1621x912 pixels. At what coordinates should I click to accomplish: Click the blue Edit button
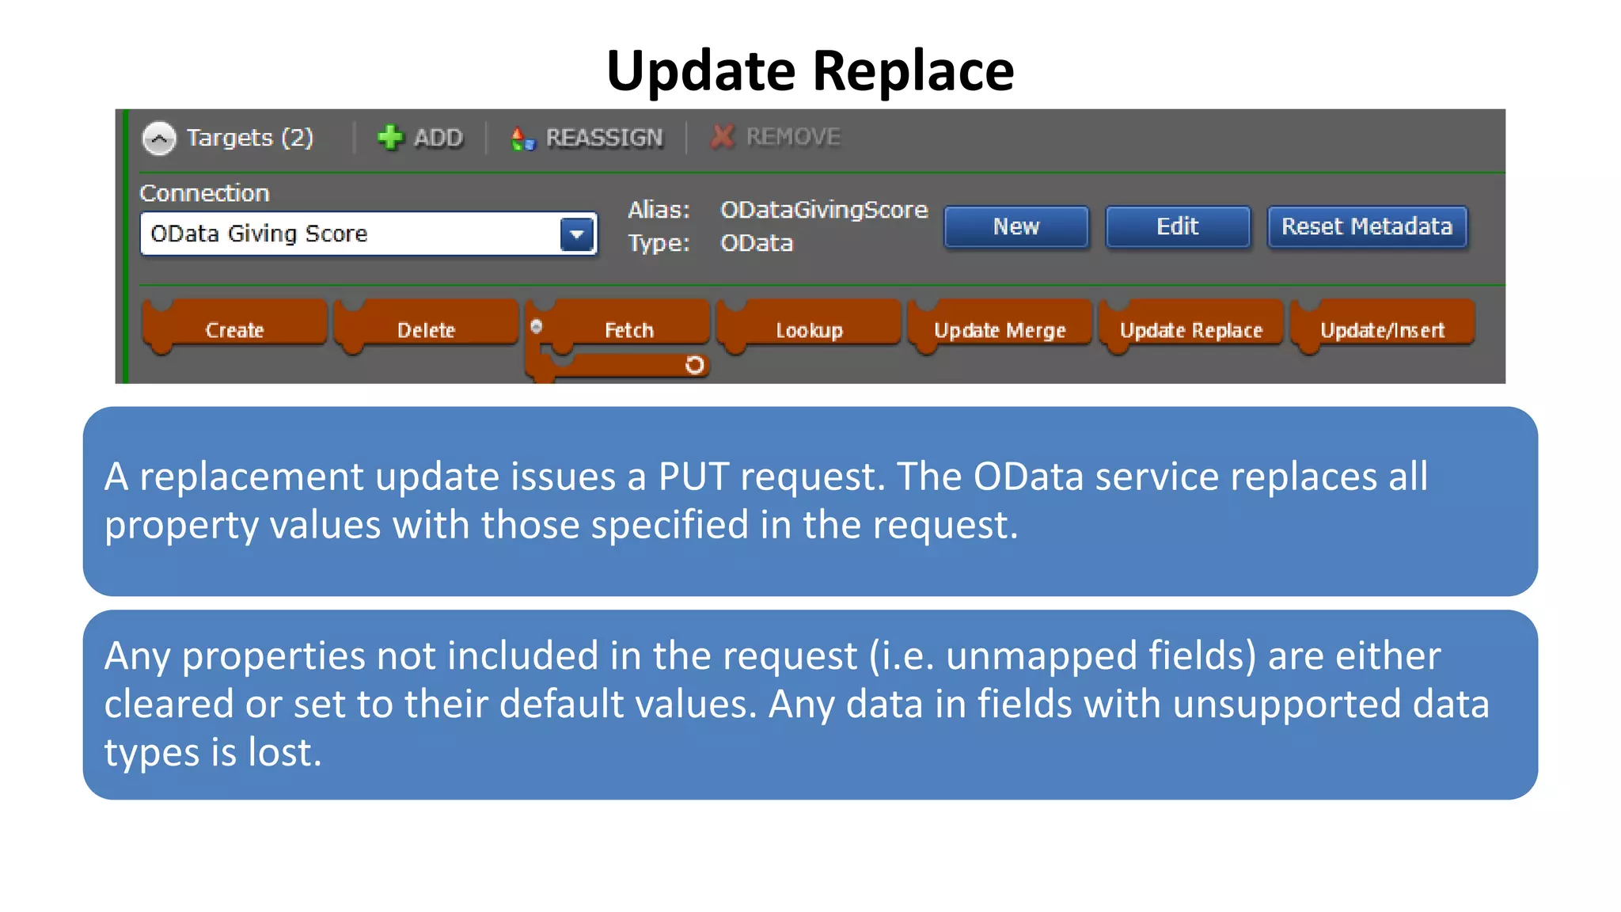(1177, 227)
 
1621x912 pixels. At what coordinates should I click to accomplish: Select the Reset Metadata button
(1366, 227)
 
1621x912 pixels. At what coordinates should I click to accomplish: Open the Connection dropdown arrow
(577, 234)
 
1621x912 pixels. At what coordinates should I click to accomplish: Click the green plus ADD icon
(389, 138)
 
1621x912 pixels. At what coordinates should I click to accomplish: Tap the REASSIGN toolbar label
(604, 138)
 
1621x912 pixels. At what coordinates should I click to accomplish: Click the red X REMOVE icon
(722, 137)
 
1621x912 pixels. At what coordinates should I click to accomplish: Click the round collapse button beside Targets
(159, 139)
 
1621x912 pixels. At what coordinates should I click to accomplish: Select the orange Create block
(234, 329)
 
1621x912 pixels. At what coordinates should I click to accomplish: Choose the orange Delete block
(426, 329)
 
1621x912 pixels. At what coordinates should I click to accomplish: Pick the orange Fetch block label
(629, 329)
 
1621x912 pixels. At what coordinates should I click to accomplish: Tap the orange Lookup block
(809, 329)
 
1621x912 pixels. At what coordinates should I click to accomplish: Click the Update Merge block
(1000, 329)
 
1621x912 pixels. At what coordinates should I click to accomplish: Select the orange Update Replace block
(1190, 329)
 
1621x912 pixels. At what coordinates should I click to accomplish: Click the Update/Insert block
(1382, 329)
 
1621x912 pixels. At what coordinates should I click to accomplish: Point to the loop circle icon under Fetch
(694, 365)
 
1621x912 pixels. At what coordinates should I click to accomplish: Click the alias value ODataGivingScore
(823, 210)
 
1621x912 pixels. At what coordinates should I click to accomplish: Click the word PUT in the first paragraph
(693, 477)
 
